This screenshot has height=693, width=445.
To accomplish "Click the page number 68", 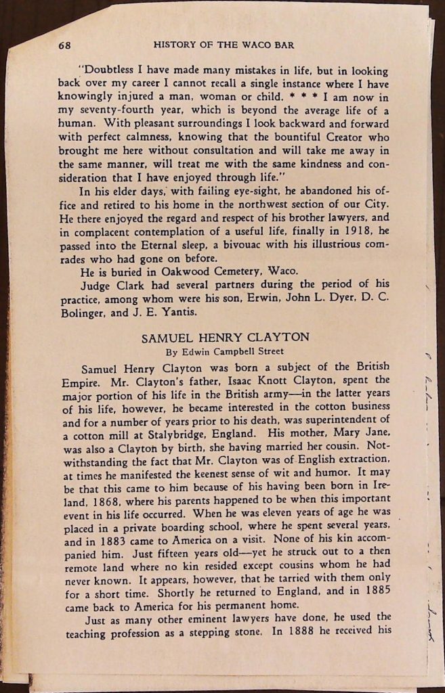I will pos(65,45).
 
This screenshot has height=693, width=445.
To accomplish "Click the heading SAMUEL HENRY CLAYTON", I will pos(224,337).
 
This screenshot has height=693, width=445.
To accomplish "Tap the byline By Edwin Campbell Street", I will pos(224,351).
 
